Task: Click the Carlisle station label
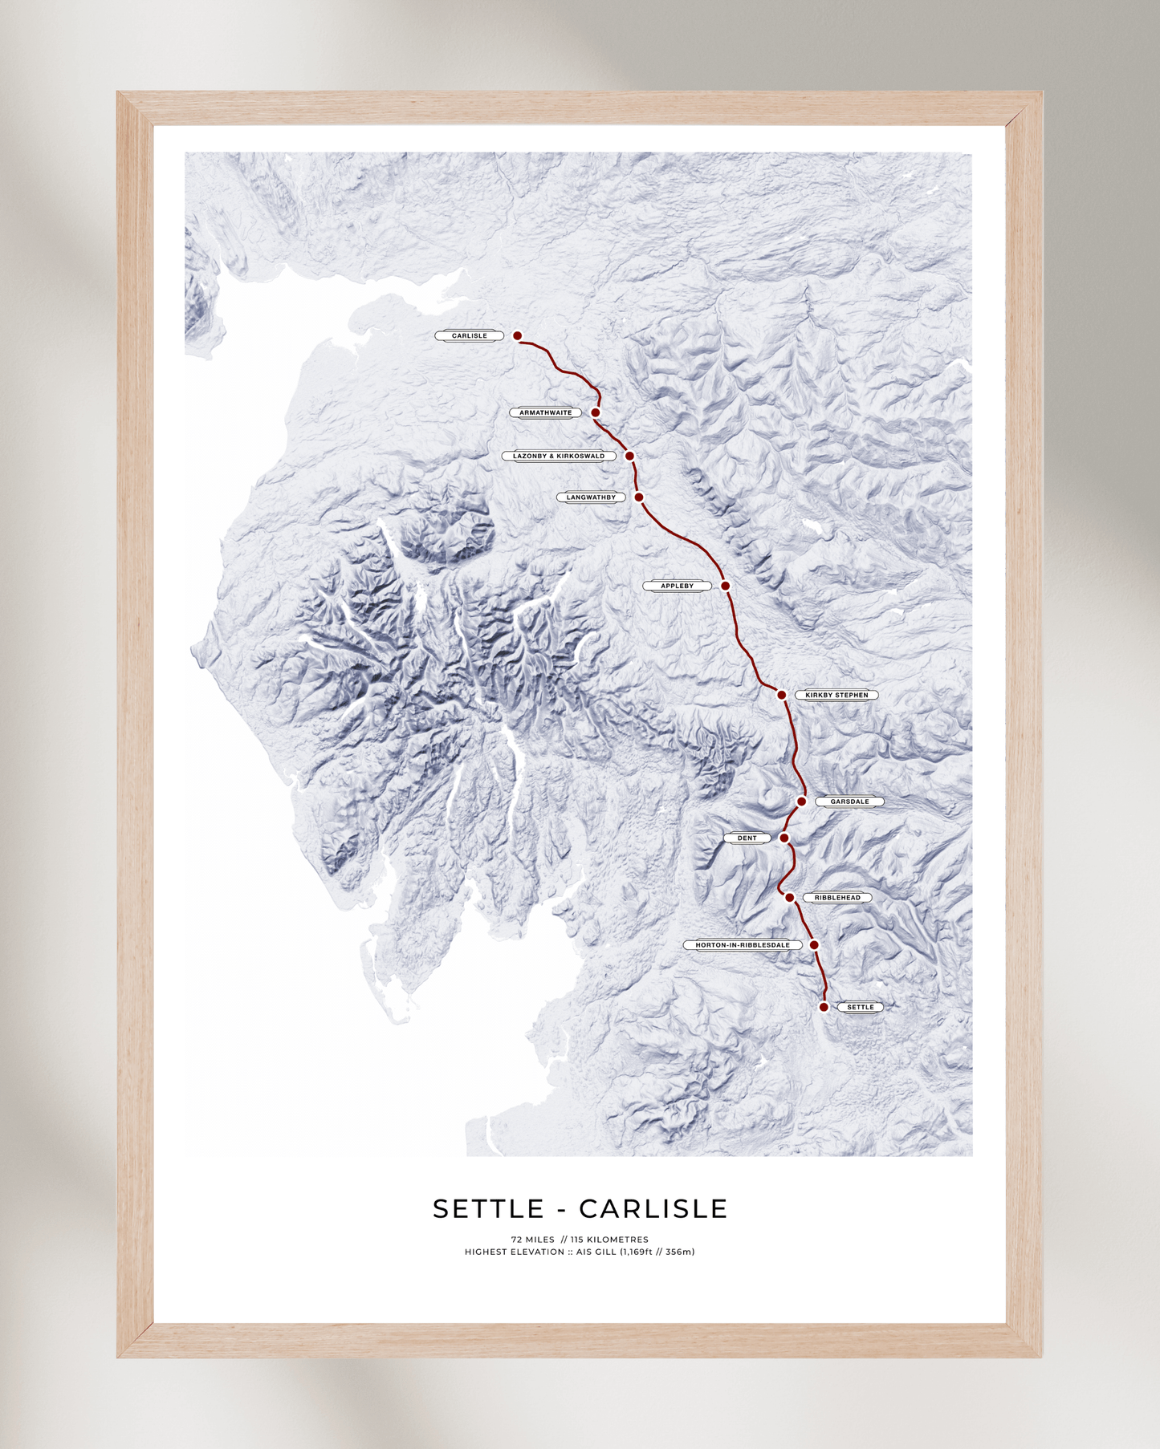tap(470, 336)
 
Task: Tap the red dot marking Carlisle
tap(518, 336)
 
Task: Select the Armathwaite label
tap(546, 413)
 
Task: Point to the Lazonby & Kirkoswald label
tap(559, 456)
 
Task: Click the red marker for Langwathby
tap(639, 497)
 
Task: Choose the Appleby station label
tap(677, 586)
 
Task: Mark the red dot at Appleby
tap(726, 586)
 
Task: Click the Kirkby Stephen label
tap(836, 695)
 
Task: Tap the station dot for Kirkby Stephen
tap(782, 695)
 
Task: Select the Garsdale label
tap(849, 802)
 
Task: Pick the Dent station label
tap(747, 838)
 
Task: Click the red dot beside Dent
tap(784, 838)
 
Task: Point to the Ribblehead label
tap(837, 898)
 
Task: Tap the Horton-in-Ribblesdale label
tap(743, 945)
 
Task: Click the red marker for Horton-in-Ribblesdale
tap(814, 945)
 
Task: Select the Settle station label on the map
tap(861, 1007)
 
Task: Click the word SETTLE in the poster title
tap(489, 1208)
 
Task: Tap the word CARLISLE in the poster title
tap(653, 1208)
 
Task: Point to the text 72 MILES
tap(533, 1240)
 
